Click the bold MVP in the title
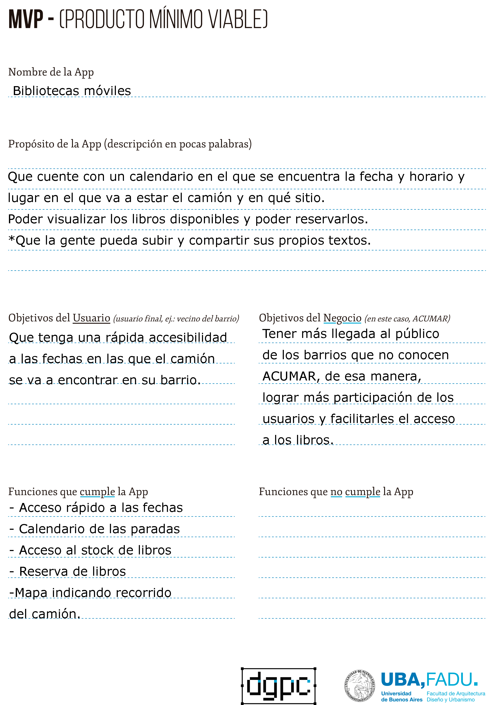point(26,19)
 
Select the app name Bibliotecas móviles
point(72,91)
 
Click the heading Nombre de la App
point(51,72)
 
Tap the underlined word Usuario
point(91,318)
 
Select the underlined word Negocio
point(342,318)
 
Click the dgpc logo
point(278,686)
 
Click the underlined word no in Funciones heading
point(336,492)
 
